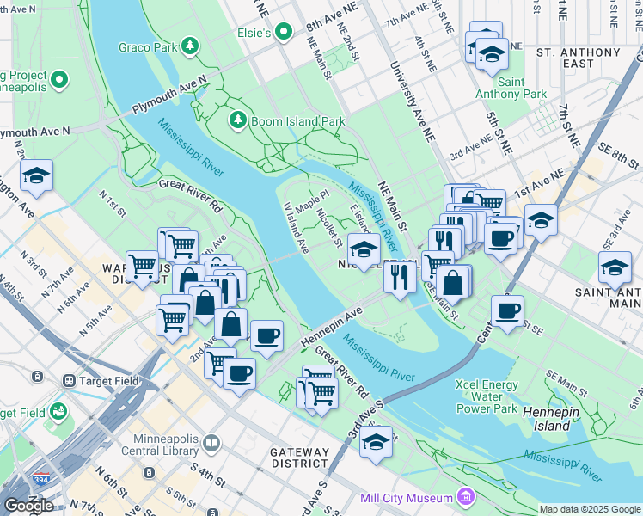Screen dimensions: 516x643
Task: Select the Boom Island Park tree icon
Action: [238, 121]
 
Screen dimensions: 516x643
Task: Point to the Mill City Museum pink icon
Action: [465, 497]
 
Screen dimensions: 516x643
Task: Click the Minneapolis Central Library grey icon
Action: [212, 442]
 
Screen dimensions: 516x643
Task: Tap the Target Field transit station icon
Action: [68, 379]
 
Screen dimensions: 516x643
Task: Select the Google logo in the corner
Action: [28, 506]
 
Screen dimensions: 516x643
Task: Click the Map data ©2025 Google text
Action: [590, 509]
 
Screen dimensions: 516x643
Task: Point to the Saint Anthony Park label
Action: [522, 88]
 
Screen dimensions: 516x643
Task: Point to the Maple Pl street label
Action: [311, 203]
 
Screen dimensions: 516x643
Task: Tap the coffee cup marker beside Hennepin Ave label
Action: [266, 335]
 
